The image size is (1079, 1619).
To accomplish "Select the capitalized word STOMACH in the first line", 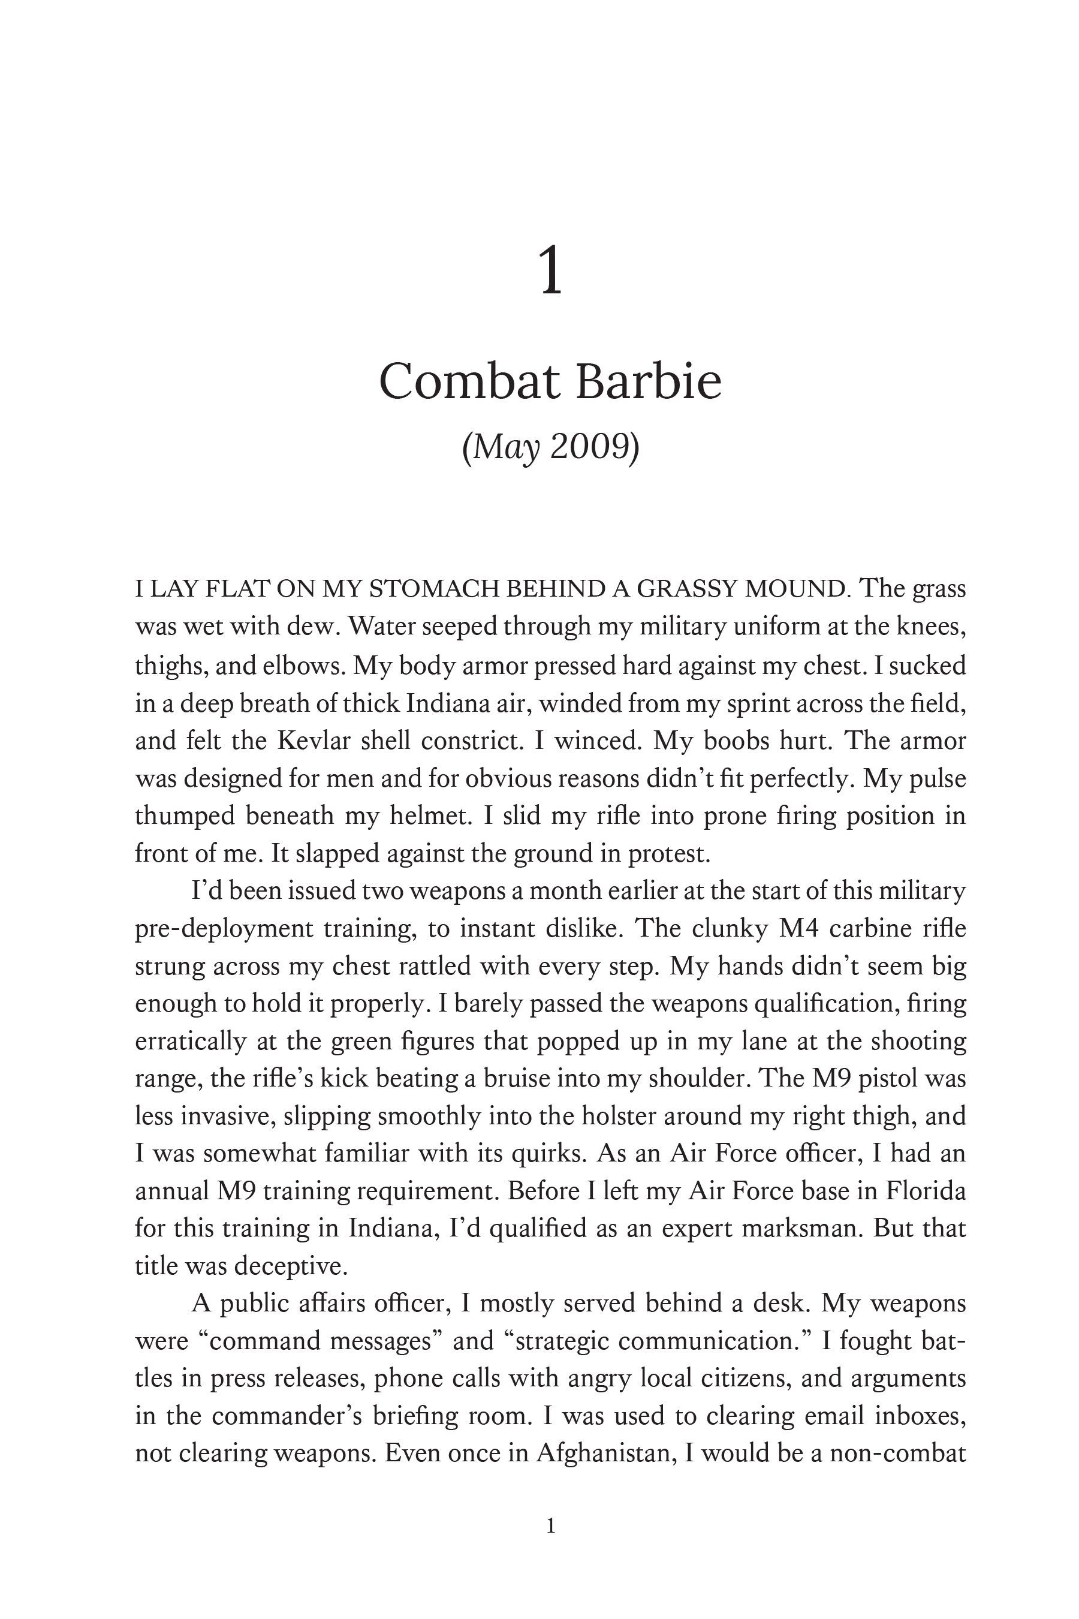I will pos(437,589).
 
